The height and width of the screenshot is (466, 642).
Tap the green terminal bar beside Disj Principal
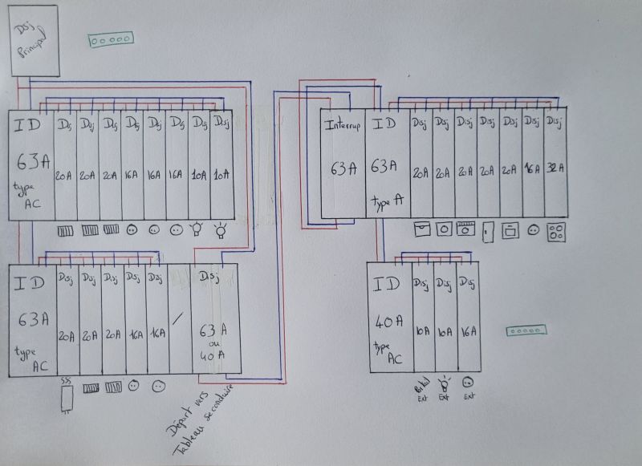click(x=110, y=38)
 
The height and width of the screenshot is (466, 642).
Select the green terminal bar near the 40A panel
click(x=526, y=330)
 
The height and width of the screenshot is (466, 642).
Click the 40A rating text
click(x=388, y=322)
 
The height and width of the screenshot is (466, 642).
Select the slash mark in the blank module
click(x=179, y=317)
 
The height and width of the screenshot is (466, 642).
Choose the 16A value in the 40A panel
click(x=468, y=330)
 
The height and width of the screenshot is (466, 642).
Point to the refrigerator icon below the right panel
click(x=486, y=233)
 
